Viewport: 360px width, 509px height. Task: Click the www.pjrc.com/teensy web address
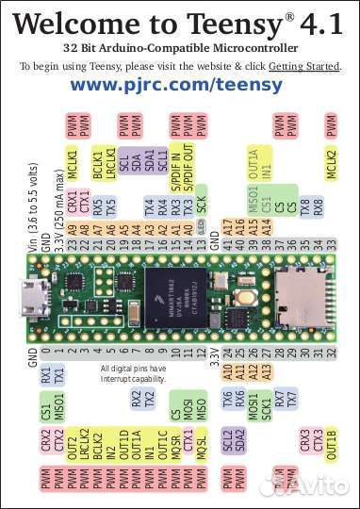click(x=176, y=85)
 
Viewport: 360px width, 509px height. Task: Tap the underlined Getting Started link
click(x=304, y=65)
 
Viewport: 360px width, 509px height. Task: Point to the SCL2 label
click(x=227, y=440)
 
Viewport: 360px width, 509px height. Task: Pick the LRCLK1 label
click(x=110, y=160)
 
